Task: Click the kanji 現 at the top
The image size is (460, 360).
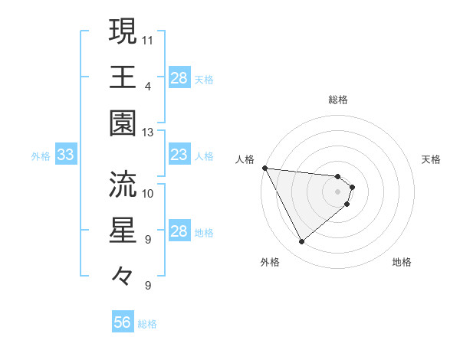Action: coord(123,31)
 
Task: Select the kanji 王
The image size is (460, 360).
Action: coord(123,77)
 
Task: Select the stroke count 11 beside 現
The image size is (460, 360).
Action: coord(148,39)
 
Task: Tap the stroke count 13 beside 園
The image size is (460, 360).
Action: coord(148,132)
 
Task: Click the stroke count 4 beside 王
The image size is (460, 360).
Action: coord(148,86)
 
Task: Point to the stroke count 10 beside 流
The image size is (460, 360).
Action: coord(148,193)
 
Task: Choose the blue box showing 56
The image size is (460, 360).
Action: coord(123,322)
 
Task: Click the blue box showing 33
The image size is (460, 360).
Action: coord(65,155)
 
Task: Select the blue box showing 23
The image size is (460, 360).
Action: coord(179,155)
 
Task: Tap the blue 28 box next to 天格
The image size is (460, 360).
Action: coord(179,78)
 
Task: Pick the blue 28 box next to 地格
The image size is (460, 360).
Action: coord(179,231)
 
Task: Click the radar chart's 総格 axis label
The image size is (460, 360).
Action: coord(338,100)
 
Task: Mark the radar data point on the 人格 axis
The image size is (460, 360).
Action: coord(264,168)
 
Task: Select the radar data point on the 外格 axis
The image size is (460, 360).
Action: coord(301,242)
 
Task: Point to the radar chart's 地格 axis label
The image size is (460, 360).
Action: coord(402,262)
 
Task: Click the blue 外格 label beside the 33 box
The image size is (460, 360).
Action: coord(41,156)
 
